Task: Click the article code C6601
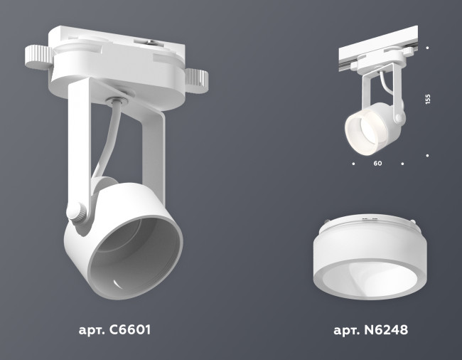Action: [114, 331]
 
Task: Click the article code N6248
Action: [370, 331]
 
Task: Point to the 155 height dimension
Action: [427, 100]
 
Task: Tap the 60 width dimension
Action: [377, 164]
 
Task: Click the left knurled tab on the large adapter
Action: [38, 57]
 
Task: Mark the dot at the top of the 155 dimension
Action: [427, 48]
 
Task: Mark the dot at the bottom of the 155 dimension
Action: [427, 154]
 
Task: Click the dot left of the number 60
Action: [353, 164]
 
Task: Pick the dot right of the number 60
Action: [402, 164]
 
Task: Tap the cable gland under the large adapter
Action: [118, 100]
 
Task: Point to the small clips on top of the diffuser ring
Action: [367, 221]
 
